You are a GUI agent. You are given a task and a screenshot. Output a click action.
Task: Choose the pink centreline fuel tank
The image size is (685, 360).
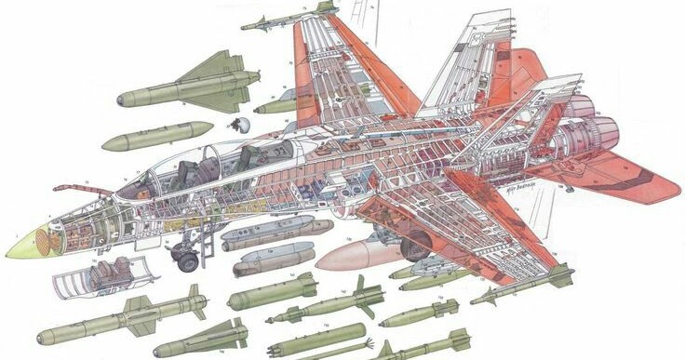pyautogui.click(x=358, y=254)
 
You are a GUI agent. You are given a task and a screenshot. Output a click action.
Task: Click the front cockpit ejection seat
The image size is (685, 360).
pyautogui.click(x=186, y=171)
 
